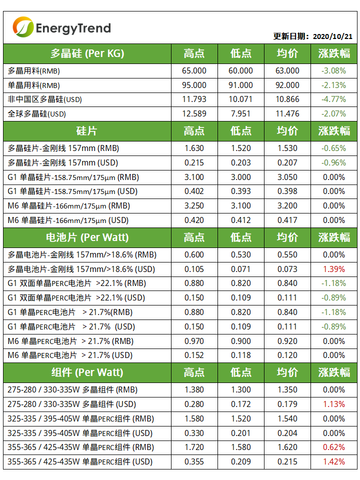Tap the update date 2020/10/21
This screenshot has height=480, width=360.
pyautogui.click(x=332, y=36)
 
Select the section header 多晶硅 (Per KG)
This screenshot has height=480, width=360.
pyautogui.click(x=87, y=53)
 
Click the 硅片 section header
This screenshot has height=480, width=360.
pyautogui.click(x=87, y=131)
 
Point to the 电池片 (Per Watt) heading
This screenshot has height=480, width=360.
pyautogui.click(x=87, y=237)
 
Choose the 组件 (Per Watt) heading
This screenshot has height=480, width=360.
pyautogui.click(x=87, y=372)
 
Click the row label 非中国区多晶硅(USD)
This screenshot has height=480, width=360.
pyautogui.click(x=45, y=99)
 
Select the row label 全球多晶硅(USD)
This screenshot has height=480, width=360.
pyautogui.click(x=37, y=114)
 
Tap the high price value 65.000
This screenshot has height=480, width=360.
pyautogui.click(x=194, y=71)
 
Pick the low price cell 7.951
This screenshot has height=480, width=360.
pyautogui.click(x=240, y=114)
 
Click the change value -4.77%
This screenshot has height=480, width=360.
pyautogui.click(x=333, y=99)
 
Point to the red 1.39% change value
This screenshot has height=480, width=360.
pyautogui.click(x=333, y=269)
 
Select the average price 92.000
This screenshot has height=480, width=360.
pyautogui.click(x=287, y=85)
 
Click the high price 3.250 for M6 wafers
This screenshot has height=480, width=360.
pyautogui.click(x=194, y=206)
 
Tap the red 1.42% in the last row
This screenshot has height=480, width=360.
pyautogui.click(x=333, y=462)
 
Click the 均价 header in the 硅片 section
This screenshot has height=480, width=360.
pyautogui.click(x=287, y=131)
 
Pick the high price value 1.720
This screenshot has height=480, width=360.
pyautogui.click(x=194, y=447)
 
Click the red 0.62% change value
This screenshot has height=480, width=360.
pyautogui.click(x=333, y=447)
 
